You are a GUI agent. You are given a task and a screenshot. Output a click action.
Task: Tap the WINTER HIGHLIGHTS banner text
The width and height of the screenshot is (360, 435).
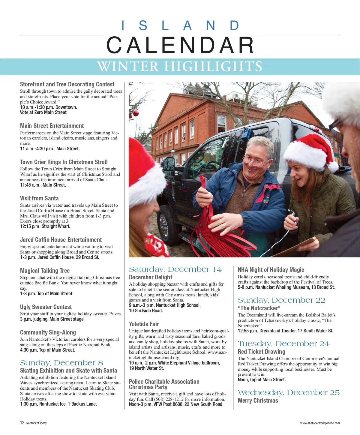tap(180, 67)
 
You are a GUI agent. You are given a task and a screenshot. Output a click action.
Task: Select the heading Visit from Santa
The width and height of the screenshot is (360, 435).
tap(39, 198)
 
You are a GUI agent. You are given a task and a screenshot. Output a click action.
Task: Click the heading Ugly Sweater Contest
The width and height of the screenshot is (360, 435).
tap(46, 307)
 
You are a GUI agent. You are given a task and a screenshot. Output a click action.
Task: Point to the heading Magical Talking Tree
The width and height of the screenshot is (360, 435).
tap(45, 271)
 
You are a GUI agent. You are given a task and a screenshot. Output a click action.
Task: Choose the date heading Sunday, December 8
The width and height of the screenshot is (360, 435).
tap(61, 363)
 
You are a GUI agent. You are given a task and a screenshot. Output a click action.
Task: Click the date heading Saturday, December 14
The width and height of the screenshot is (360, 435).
tap(175, 269)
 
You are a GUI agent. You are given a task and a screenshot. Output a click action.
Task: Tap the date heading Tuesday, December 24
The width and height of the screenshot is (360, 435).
tap(283, 343)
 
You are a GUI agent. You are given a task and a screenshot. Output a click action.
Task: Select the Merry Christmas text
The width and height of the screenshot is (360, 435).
tap(258, 400)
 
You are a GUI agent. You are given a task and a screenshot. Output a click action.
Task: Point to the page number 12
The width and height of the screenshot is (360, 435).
tap(22, 423)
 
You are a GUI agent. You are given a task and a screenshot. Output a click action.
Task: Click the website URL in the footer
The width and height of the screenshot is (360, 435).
tap(320, 423)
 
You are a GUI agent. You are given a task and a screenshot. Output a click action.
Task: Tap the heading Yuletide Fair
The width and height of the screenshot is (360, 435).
tap(144, 324)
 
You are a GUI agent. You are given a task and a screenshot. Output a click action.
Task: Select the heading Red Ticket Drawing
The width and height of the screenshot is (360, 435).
tap(262, 352)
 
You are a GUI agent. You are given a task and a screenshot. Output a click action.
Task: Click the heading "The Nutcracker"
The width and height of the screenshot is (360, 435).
tap(259, 308)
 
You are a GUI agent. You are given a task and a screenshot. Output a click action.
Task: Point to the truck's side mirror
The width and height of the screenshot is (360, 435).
tap(169, 163)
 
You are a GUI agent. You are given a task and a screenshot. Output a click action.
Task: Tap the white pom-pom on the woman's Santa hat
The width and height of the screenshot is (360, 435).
tap(332, 167)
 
